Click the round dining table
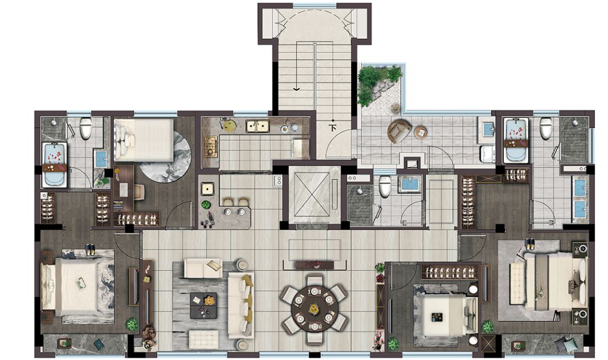click(x=315, y=309)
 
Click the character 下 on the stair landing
click(x=333, y=127)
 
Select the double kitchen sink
click(x=257, y=126)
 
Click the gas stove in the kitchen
click(x=211, y=146)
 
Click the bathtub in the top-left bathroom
click(x=54, y=165)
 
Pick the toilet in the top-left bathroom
click(x=86, y=128)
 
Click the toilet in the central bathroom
click(x=385, y=186)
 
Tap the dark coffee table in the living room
click(x=204, y=305)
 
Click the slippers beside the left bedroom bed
click(x=90, y=250)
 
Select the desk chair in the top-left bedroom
click(x=139, y=192)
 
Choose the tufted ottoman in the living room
click(x=204, y=339)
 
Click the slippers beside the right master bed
click(x=530, y=244)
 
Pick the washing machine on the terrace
click(x=487, y=154)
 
